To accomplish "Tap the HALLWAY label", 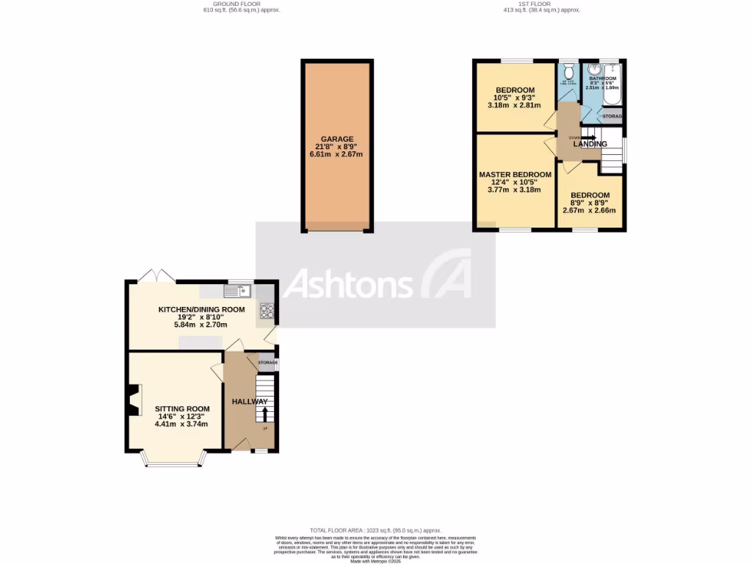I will pos(250,402).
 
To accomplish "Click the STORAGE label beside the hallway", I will pos(267,363).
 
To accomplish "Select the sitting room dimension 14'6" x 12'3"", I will pos(182,417).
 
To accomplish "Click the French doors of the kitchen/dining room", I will pos(156,276).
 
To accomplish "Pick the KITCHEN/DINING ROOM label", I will pos(192,309).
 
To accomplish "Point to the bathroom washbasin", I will pos(593,73).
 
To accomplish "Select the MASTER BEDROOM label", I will pos(515,175).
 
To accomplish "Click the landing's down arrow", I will pos(587,137).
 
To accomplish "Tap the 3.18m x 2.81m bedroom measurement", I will pos(514,105).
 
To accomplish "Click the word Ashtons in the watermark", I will pos(348,284).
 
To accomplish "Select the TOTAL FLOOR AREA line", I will pos(375,529).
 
